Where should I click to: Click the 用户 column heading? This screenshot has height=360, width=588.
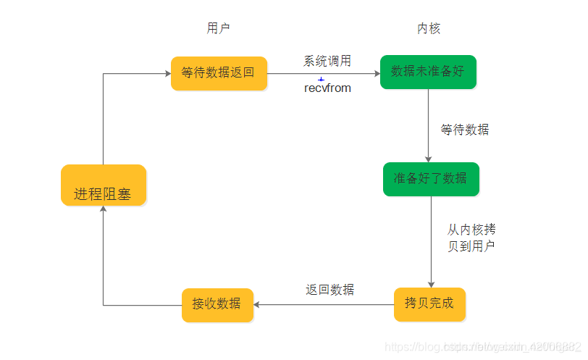218,28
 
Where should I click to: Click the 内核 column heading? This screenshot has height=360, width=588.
429,28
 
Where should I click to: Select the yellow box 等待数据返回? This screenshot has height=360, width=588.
218,72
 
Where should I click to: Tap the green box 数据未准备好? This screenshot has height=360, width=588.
428,72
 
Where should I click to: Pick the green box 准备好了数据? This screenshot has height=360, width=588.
430,178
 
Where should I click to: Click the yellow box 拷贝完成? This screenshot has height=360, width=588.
429,304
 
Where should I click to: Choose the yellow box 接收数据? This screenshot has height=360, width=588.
217,304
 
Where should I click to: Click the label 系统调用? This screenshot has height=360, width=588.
327,62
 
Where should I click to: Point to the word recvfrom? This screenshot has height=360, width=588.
327,88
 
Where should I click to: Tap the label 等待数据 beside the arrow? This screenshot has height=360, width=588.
465,130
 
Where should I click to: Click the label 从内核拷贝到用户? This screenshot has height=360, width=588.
471,238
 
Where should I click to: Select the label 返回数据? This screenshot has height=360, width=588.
330,290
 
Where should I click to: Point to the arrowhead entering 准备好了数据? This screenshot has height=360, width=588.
429,159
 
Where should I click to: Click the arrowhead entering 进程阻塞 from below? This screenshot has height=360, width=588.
103,209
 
